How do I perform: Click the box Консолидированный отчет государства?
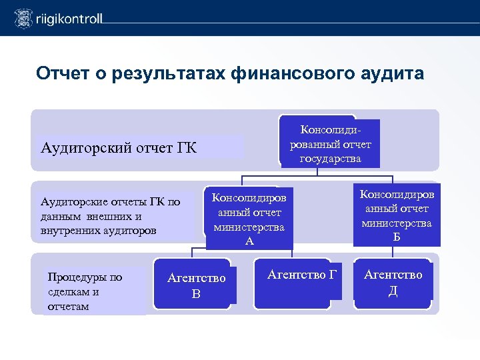click(x=330, y=143)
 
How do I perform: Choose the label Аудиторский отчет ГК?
click(x=119, y=147)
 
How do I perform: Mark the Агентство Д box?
click(x=393, y=282)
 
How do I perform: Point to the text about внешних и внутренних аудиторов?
click(x=110, y=216)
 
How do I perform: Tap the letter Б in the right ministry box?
click(x=397, y=236)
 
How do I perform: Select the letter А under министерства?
click(x=249, y=241)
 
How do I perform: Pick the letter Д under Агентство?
click(x=393, y=291)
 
